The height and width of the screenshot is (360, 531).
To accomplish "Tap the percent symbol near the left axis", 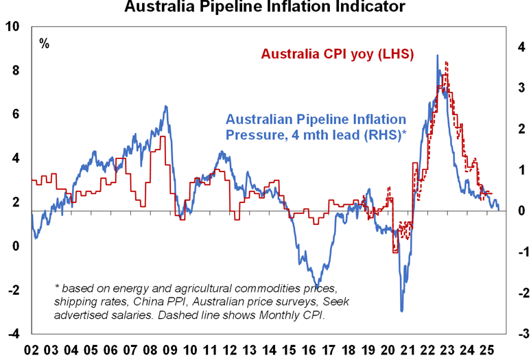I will (x=45, y=44).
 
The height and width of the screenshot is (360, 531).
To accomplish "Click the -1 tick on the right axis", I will (x=519, y=252).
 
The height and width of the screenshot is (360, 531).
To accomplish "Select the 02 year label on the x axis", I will (x=31, y=350).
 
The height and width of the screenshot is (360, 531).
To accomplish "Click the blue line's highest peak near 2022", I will (x=438, y=56).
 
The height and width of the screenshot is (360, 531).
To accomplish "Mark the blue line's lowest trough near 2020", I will (x=401, y=311).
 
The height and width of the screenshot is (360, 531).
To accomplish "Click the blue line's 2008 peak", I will (x=165, y=106).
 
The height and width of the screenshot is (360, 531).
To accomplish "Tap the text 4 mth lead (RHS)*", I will (x=344, y=134).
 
